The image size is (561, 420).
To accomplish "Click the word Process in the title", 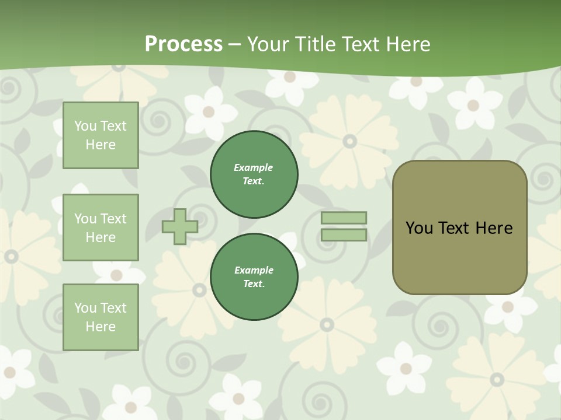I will tap(183, 44).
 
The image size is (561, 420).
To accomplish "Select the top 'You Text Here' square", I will tap(101, 135).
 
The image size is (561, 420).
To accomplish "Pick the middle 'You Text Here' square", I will tap(101, 228).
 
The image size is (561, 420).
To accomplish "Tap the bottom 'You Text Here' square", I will tap(101, 317).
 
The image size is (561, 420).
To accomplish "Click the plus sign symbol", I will tap(180, 226).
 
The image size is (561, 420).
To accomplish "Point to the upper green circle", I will tap(254, 174).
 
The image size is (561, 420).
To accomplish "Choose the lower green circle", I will tap(254, 277).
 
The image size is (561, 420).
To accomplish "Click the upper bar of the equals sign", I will tap(344, 218).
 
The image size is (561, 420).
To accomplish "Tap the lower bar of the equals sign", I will tap(344, 235).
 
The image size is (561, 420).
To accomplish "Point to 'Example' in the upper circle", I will tap(254, 167).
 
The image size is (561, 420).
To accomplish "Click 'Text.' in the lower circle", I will tap(254, 284).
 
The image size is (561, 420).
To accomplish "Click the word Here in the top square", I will tap(101, 145).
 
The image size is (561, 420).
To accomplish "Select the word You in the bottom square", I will tap(85, 308).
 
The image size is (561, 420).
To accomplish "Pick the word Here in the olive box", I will tap(494, 228).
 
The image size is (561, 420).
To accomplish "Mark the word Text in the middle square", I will tap(113, 219).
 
